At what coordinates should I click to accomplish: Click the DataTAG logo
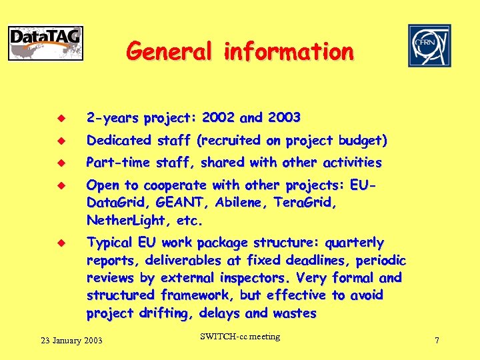[x=45, y=43]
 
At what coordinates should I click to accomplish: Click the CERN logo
[x=429, y=45]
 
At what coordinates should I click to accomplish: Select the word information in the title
[x=289, y=51]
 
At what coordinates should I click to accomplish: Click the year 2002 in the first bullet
[x=218, y=118]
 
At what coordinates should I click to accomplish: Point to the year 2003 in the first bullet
[x=283, y=118]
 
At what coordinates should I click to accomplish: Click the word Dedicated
[x=119, y=141]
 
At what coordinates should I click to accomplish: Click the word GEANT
[x=181, y=203]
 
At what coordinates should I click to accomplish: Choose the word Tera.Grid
[x=303, y=203]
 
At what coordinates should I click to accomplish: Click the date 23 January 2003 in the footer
[x=71, y=341]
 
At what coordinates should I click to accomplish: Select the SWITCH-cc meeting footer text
[x=240, y=337]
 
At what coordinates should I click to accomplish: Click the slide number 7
[x=437, y=341]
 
